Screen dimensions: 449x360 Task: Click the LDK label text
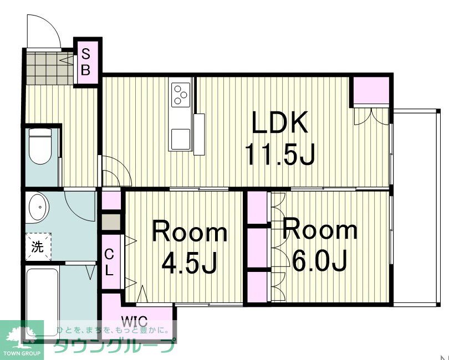(x=279, y=122)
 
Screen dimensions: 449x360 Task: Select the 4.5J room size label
(x=188, y=263)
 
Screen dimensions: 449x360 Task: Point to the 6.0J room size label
(x=320, y=260)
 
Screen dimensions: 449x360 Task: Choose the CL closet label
(x=109, y=262)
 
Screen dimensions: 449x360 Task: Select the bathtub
(x=43, y=304)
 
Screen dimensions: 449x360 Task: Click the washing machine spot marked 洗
(x=38, y=246)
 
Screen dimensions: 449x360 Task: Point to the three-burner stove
(x=181, y=95)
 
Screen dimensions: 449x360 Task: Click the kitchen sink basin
(x=180, y=138)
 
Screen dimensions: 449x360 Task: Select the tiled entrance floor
(x=49, y=68)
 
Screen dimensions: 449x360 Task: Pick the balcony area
(x=415, y=207)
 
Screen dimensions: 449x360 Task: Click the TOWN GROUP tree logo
(x=22, y=340)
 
